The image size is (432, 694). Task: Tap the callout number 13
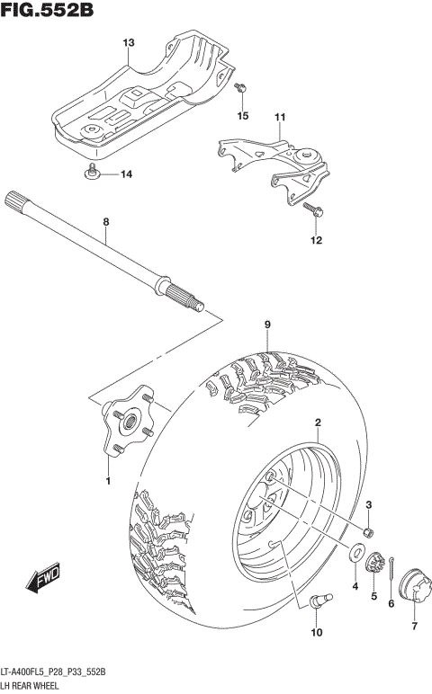[129, 43]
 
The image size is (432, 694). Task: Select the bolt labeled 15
[240, 90]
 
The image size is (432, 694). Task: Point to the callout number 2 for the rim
[318, 422]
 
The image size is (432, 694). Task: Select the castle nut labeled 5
[376, 564]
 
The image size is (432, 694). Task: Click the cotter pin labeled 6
[394, 565]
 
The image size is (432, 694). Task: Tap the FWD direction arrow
[42, 579]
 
